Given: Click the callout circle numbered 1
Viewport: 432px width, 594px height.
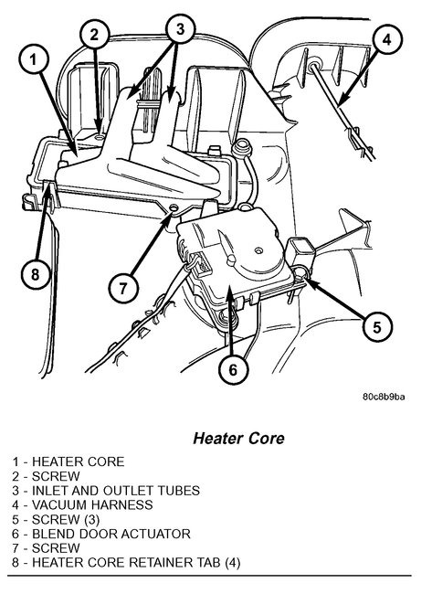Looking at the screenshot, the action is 34,60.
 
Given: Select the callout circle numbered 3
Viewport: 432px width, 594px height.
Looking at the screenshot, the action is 180,28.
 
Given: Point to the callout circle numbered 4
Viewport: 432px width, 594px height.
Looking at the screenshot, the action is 386,39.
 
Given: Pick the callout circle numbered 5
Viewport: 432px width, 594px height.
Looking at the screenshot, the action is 377,327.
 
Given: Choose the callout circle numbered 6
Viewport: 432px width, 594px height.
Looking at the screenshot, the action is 233,369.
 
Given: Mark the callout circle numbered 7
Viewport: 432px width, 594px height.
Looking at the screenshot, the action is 123,289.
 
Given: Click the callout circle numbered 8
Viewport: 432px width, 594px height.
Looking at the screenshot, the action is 36,274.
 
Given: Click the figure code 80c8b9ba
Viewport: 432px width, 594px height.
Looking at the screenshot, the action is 384,397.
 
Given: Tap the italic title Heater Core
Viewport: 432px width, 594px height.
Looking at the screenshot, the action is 238,439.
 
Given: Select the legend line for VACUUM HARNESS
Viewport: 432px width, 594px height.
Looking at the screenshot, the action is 82,505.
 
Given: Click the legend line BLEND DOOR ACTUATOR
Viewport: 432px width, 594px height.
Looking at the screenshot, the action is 101,534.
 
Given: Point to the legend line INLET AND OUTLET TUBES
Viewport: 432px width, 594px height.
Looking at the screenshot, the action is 106,491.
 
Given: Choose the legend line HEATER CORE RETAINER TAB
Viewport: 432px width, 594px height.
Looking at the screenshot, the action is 126,563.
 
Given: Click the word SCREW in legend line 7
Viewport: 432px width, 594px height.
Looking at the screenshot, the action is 56,548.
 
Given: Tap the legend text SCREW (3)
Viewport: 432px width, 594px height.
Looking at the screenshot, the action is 66,519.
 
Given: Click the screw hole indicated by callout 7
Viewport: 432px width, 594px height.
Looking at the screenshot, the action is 174,207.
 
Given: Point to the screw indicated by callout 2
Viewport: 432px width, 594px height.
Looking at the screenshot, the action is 100,137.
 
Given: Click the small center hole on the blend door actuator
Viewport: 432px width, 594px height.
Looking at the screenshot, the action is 258,250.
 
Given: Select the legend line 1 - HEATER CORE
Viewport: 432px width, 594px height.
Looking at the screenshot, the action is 68,461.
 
